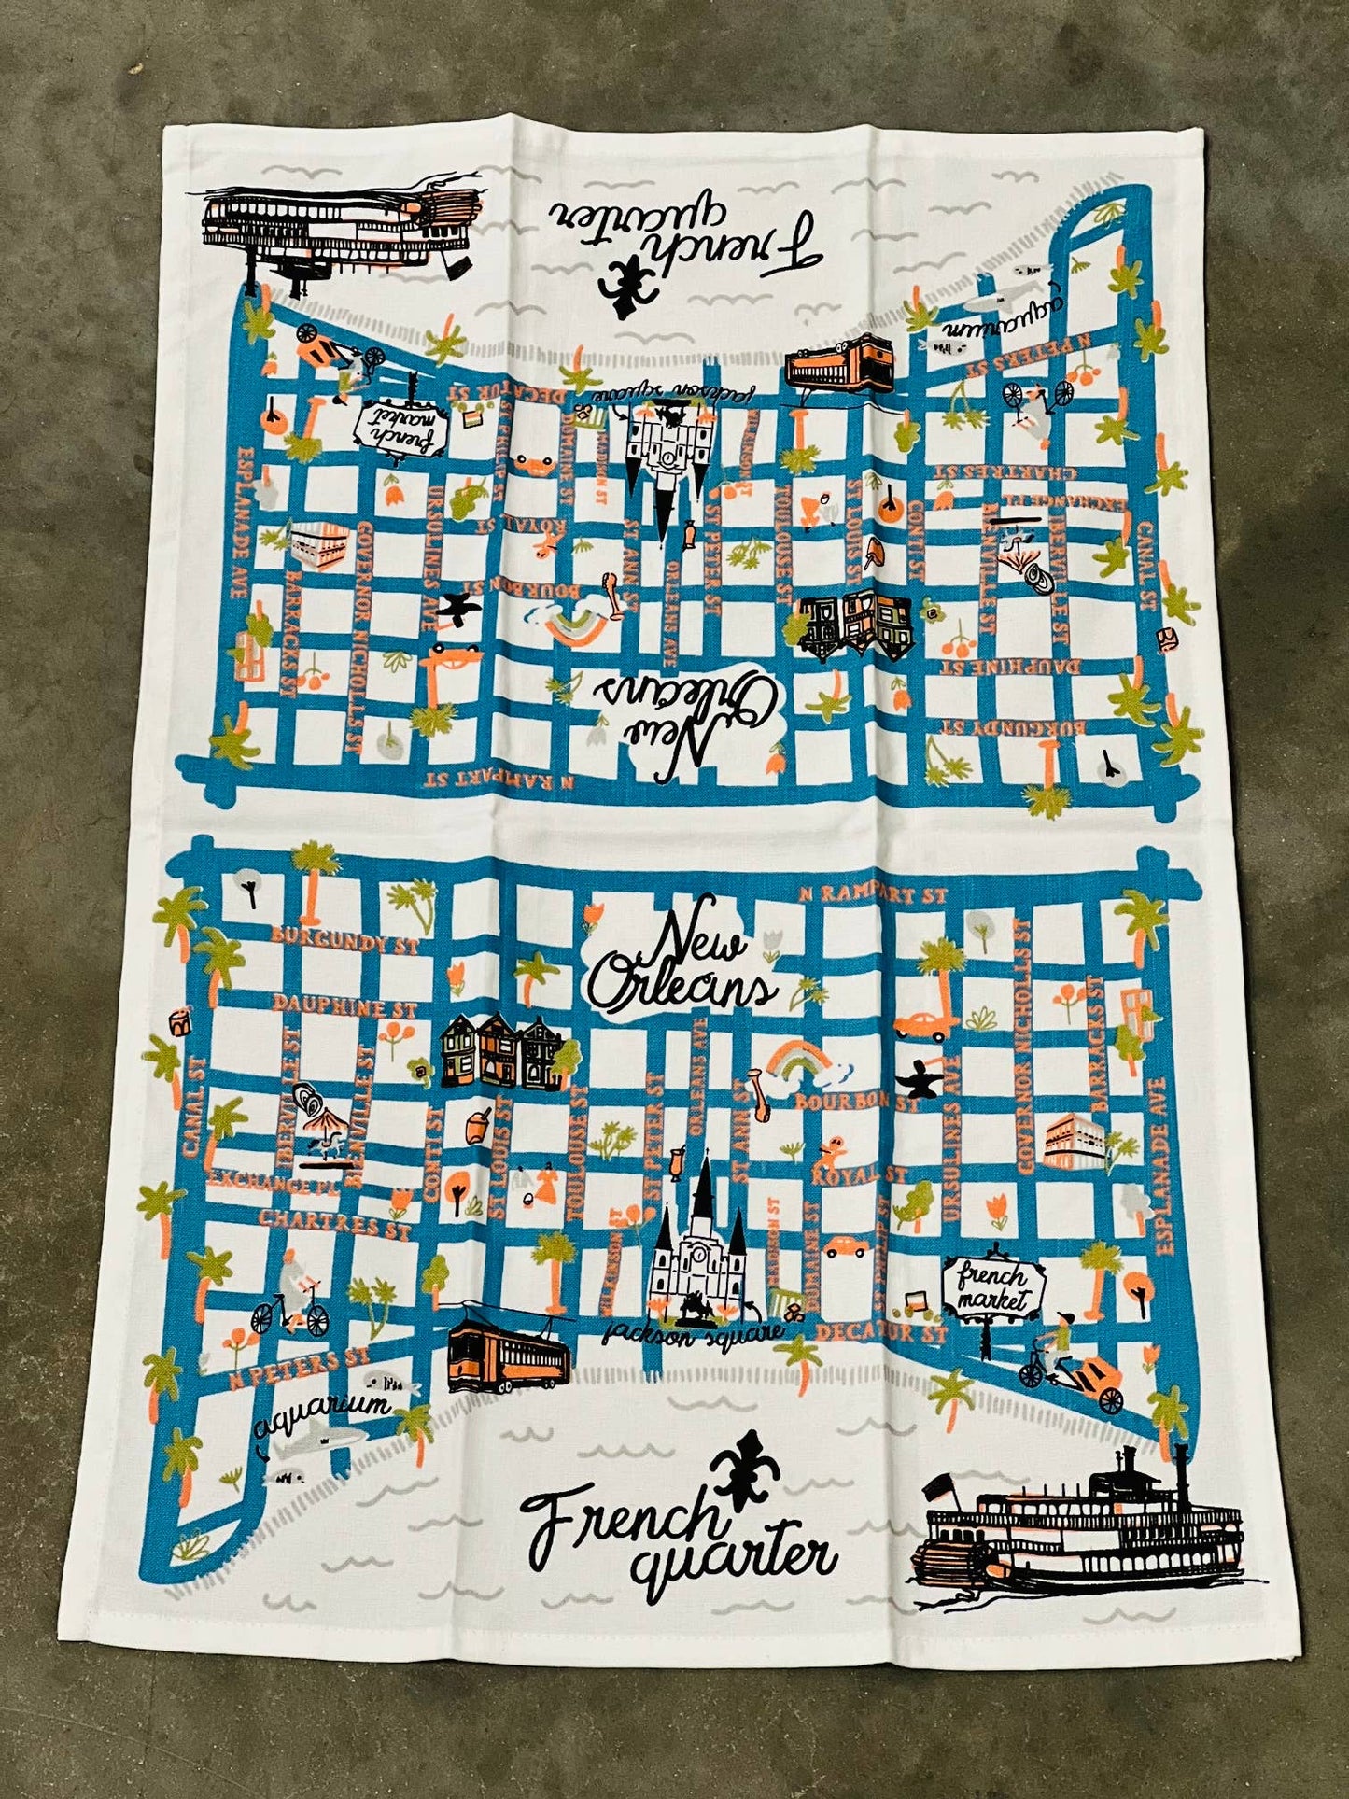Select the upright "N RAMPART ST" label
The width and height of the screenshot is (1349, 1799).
coord(873,894)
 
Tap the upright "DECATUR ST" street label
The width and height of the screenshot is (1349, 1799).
coord(881,1330)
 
